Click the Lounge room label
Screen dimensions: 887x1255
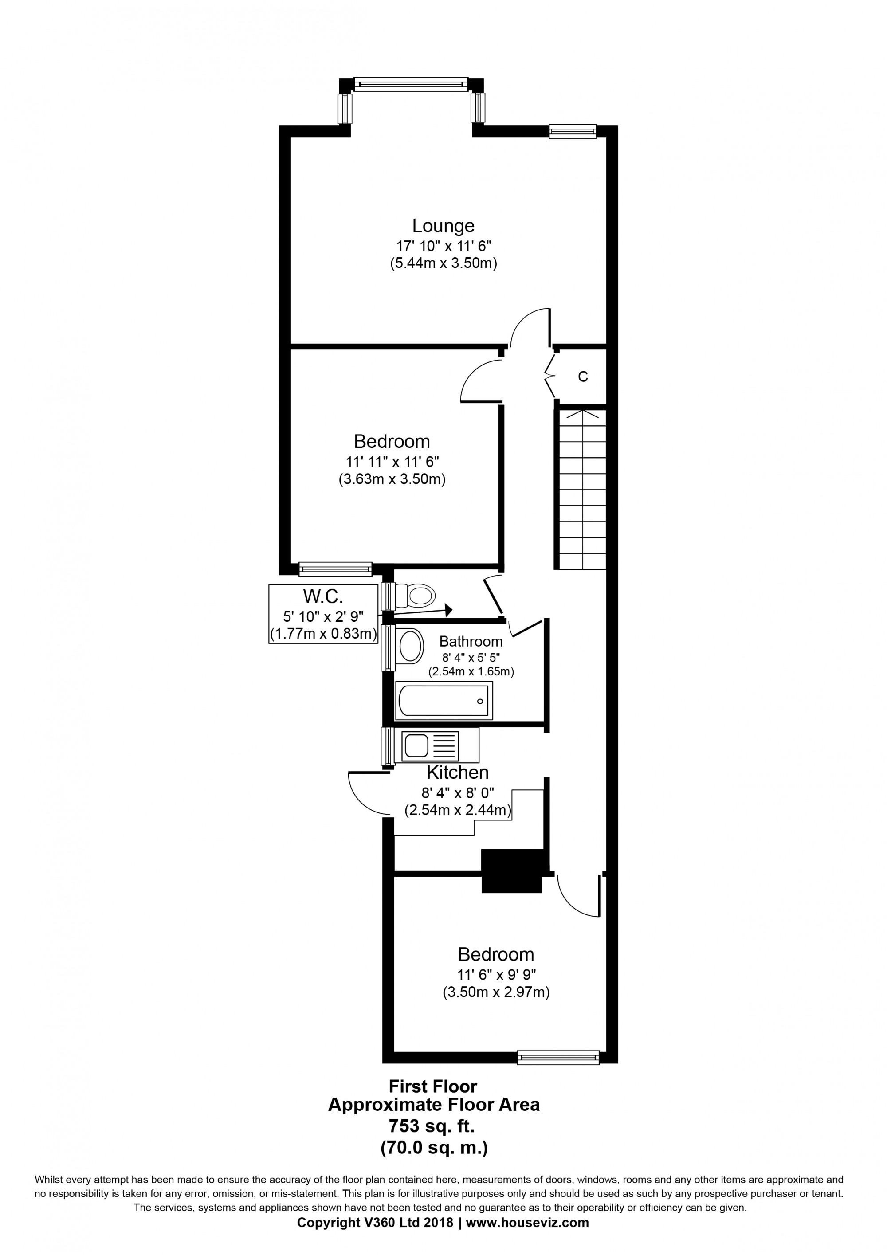pos(443,226)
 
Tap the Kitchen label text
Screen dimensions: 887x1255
pos(457,773)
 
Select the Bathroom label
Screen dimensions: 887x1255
pos(471,641)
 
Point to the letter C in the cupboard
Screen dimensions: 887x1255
pos(583,376)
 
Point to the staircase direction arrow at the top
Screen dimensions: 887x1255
pos(583,413)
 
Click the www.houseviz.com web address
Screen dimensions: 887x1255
pos(527,1223)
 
